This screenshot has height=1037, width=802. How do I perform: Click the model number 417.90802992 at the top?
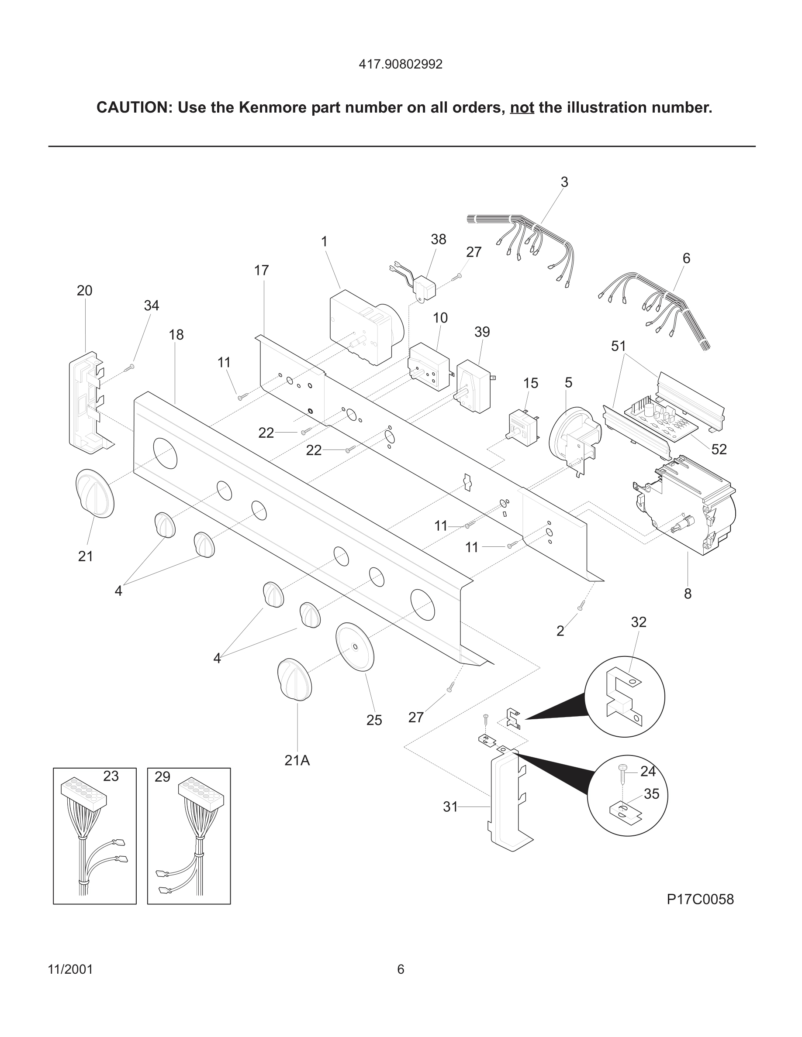[x=401, y=65]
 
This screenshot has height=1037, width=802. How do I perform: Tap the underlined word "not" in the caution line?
[x=522, y=108]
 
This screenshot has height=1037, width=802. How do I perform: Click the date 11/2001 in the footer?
[x=70, y=969]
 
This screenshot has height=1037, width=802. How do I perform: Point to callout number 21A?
[x=297, y=760]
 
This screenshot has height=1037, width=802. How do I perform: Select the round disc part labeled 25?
[x=355, y=647]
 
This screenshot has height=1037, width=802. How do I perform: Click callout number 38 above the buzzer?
[x=438, y=240]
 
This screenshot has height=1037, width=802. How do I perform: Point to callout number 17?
[x=261, y=271]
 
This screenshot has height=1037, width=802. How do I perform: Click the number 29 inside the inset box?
[x=162, y=777]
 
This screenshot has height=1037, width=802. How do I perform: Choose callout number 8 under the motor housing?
[x=688, y=594]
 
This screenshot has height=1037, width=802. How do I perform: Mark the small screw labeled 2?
[x=581, y=605]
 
